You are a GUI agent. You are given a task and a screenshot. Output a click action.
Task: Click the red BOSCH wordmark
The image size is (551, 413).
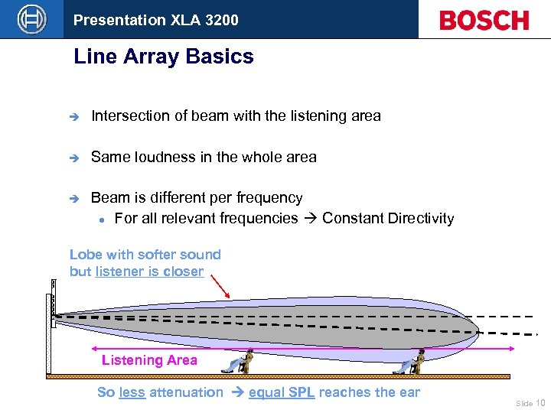point(484,20)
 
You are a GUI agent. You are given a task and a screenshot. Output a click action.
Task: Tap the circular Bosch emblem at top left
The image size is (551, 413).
point(31,19)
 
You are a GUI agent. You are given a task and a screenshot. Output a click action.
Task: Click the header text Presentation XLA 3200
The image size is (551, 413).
point(155,20)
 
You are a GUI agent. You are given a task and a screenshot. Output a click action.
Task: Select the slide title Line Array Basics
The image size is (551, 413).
point(163,57)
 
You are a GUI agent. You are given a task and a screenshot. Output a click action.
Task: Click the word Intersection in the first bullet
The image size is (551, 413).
point(129,116)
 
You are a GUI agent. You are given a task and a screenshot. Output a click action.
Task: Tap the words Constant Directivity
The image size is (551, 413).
point(388,219)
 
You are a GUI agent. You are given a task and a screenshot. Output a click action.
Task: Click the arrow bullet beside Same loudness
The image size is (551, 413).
point(73,158)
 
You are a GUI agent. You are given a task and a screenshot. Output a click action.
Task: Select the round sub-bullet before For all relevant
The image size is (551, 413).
point(101,220)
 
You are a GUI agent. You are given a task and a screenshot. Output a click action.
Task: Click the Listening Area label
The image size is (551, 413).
point(149,360)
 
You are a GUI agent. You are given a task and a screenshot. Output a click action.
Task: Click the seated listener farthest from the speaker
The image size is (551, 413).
point(410,362)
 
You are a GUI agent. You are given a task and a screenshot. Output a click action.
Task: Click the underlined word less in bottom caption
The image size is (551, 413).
point(132,392)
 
